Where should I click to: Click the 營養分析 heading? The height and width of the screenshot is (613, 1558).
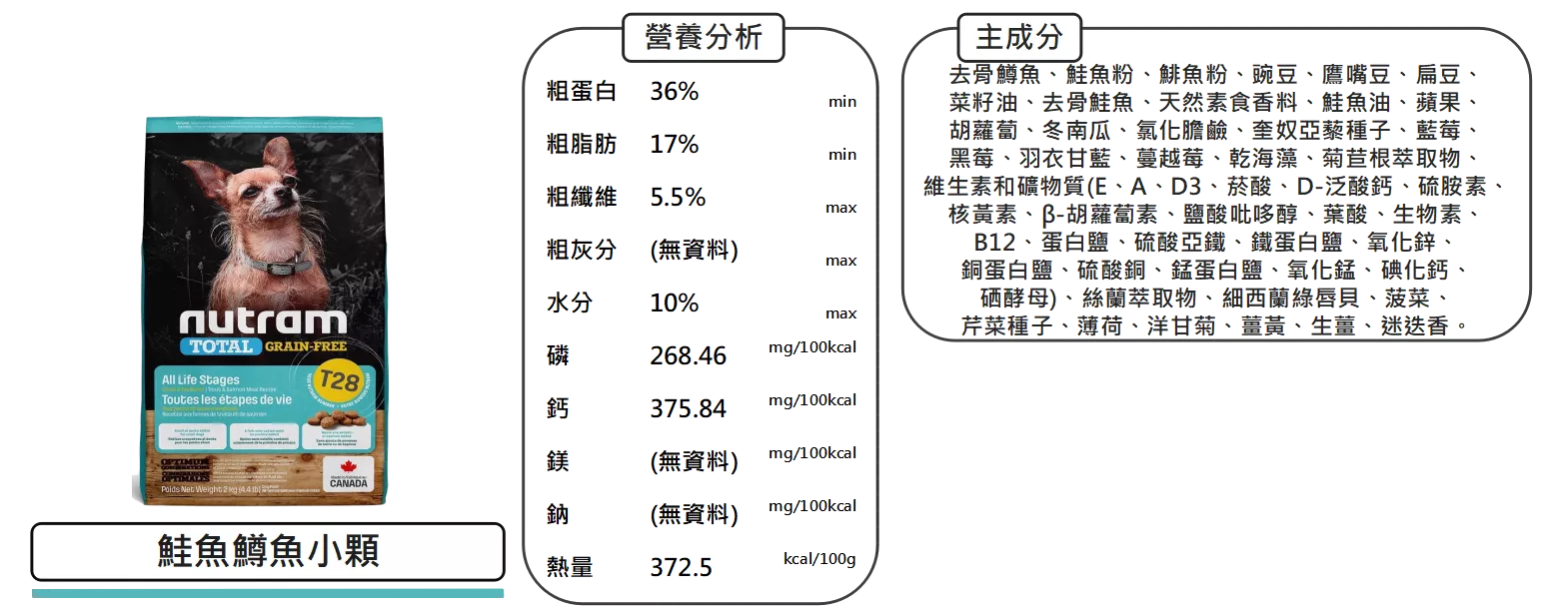click(x=704, y=38)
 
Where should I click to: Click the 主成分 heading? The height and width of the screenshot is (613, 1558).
click(x=1019, y=38)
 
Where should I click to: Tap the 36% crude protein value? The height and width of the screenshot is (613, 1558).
click(x=675, y=92)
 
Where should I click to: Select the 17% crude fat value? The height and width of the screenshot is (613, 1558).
click(x=675, y=145)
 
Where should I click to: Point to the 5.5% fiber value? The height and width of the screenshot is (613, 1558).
click(x=678, y=197)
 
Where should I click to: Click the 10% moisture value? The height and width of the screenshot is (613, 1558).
click(x=675, y=303)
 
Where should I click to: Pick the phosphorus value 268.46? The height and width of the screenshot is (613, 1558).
click(x=688, y=355)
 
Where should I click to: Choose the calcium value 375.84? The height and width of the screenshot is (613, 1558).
click(x=688, y=408)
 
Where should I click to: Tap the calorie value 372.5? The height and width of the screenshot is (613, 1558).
click(x=680, y=568)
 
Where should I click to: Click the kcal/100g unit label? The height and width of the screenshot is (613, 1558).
click(x=818, y=558)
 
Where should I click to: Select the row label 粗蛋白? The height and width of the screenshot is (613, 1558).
click(x=580, y=92)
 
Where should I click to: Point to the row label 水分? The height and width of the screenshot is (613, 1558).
click(x=568, y=303)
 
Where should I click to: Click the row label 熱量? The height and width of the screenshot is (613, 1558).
click(x=568, y=568)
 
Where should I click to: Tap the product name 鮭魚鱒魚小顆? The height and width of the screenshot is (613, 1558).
click(x=268, y=551)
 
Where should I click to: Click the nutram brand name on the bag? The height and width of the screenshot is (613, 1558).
click(x=263, y=321)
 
